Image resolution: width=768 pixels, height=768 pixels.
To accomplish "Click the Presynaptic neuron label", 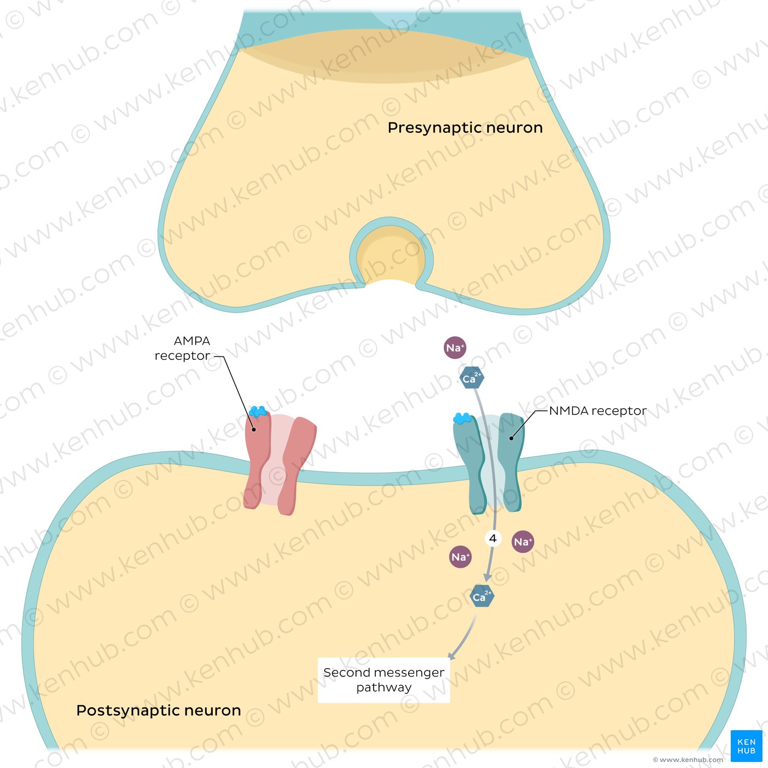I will (465, 128).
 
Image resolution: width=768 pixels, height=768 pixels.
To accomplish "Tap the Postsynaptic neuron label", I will (159, 710).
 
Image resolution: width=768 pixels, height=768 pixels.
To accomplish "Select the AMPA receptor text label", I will (187, 348).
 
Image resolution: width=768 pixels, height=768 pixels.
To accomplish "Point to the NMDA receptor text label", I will (597, 411).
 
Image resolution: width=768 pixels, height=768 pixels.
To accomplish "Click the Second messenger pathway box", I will (384, 680).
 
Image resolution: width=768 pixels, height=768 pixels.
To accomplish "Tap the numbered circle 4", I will (493, 538).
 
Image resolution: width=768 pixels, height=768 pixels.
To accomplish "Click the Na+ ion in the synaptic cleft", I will (455, 348).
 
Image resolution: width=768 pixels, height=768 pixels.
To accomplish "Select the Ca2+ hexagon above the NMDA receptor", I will (472, 378).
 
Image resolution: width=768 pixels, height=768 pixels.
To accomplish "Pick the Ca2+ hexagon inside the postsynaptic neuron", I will (482, 596).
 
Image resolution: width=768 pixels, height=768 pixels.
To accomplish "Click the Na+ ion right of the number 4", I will (523, 542).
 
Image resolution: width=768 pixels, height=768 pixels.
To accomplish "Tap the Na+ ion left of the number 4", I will (460, 557).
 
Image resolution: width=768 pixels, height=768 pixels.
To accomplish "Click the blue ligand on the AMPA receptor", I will (257, 411).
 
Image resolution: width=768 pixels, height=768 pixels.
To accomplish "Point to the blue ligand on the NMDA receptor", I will (462, 419).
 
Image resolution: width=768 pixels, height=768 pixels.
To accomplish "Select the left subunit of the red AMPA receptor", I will (256, 461).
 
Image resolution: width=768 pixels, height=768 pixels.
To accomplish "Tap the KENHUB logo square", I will (746, 746).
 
